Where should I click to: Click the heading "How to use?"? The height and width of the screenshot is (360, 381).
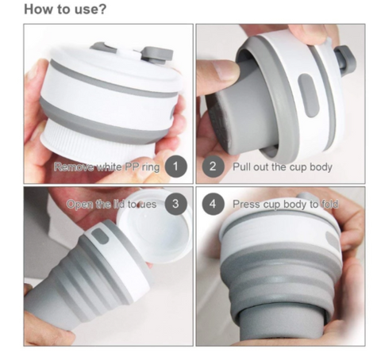click(67, 10)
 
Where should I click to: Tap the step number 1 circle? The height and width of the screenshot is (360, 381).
click(176, 167)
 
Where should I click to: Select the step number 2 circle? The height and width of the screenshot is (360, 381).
click(212, 167)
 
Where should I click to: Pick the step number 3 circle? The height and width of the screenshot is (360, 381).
click(176, 204)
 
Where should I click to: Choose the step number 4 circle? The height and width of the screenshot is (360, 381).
click(212, 204)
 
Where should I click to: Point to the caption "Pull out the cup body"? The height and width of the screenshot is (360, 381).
click(282, 167)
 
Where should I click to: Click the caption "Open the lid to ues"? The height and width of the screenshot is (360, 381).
click(111, 204)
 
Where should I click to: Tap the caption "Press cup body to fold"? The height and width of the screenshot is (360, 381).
click(286, 204)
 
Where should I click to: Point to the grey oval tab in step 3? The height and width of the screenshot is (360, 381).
click(101, 237)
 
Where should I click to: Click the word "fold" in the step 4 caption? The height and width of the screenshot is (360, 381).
click(331, 204)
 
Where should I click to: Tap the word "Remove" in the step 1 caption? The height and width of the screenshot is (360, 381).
click(74, 167)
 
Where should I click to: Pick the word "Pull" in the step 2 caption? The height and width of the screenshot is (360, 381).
click(241, 167)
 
